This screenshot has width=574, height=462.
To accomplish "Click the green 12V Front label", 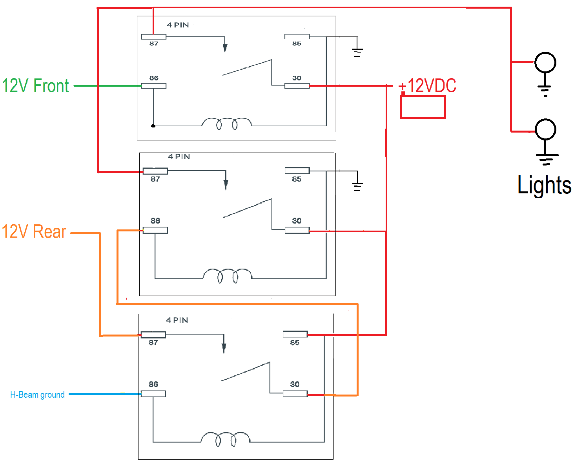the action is click(35, 85).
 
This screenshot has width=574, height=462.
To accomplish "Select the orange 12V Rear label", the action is click(34, 231).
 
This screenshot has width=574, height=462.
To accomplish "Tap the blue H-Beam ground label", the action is click(37, 395).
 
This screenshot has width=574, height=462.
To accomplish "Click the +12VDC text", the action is click(427, 85).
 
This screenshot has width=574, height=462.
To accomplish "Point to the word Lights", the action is click(544, 185).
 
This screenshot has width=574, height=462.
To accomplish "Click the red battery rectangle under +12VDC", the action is click(423, 107).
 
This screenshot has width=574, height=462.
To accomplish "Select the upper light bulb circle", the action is click(545, 63).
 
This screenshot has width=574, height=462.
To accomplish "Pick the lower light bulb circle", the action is click(545, 129).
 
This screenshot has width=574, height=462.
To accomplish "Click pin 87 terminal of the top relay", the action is click(154, 37).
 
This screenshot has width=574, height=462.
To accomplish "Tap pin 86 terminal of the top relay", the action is click(154, 86).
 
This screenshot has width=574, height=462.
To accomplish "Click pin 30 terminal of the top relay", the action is click(297, 86).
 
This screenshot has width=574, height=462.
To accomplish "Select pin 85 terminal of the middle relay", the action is click(297, 171).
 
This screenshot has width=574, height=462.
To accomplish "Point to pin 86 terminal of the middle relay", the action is click(155, 230).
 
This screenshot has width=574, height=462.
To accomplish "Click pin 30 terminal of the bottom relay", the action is click(295, 394).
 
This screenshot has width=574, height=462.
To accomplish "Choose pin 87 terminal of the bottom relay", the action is click(153, 335).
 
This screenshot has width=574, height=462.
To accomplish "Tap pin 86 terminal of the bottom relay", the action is click(153, 394).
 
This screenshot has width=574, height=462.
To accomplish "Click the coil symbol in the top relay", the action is click(226, 124).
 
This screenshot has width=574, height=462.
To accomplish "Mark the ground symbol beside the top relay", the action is click(357, 53).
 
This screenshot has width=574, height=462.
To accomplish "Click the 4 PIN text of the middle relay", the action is click(179, 156).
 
